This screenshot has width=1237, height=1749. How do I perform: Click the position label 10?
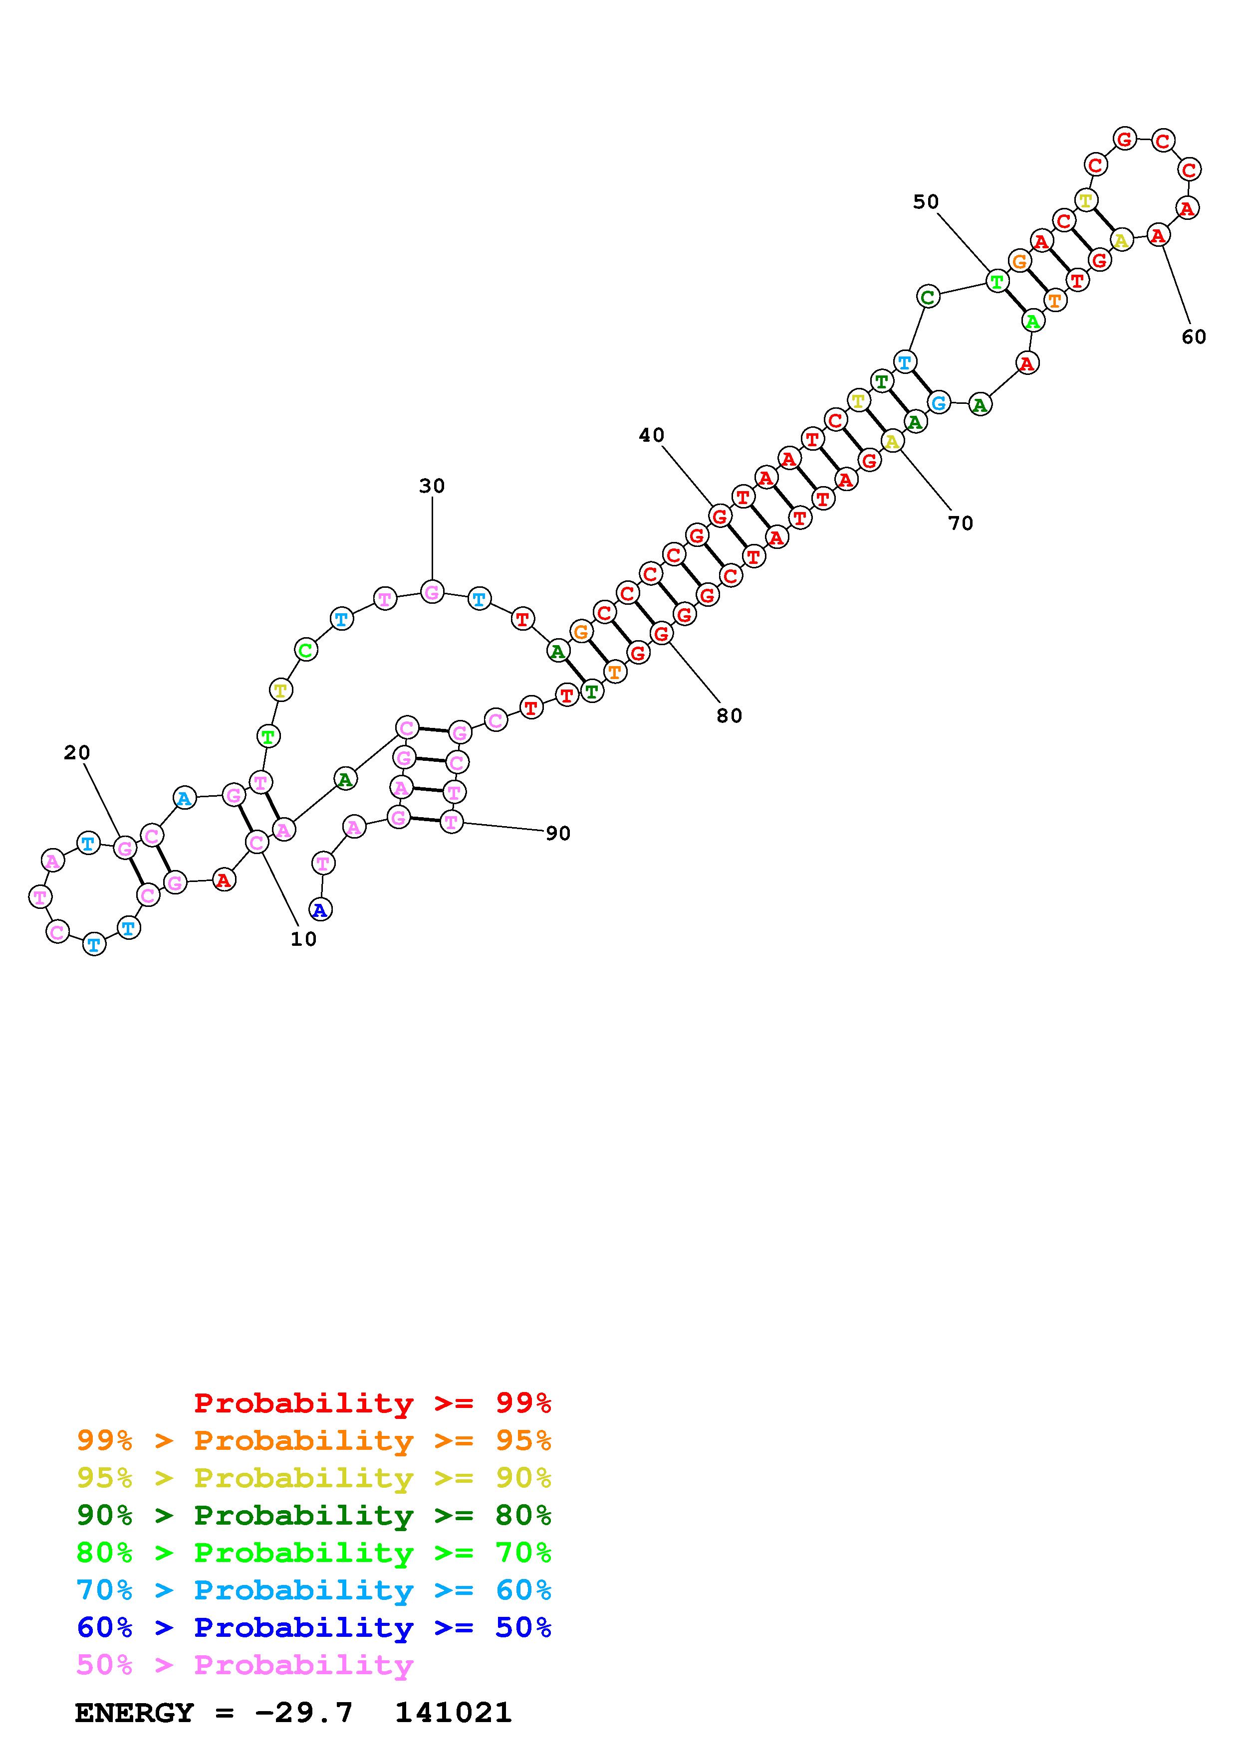click(x=303, y=939)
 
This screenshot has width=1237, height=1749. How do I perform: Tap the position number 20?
click(x=77, y=753)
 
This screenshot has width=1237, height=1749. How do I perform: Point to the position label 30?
click(x=432, y=486)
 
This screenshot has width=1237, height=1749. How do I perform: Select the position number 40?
click(x=652, y=435)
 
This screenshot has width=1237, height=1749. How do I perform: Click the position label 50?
click(x=926, y=202)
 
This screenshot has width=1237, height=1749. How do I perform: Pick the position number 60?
click(x=1194, y=337)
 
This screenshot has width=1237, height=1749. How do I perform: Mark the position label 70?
click(x=961, y=524)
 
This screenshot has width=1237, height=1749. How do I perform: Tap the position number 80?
click(x=730, y=715)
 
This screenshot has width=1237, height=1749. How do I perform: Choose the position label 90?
click(x=558, y=833)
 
